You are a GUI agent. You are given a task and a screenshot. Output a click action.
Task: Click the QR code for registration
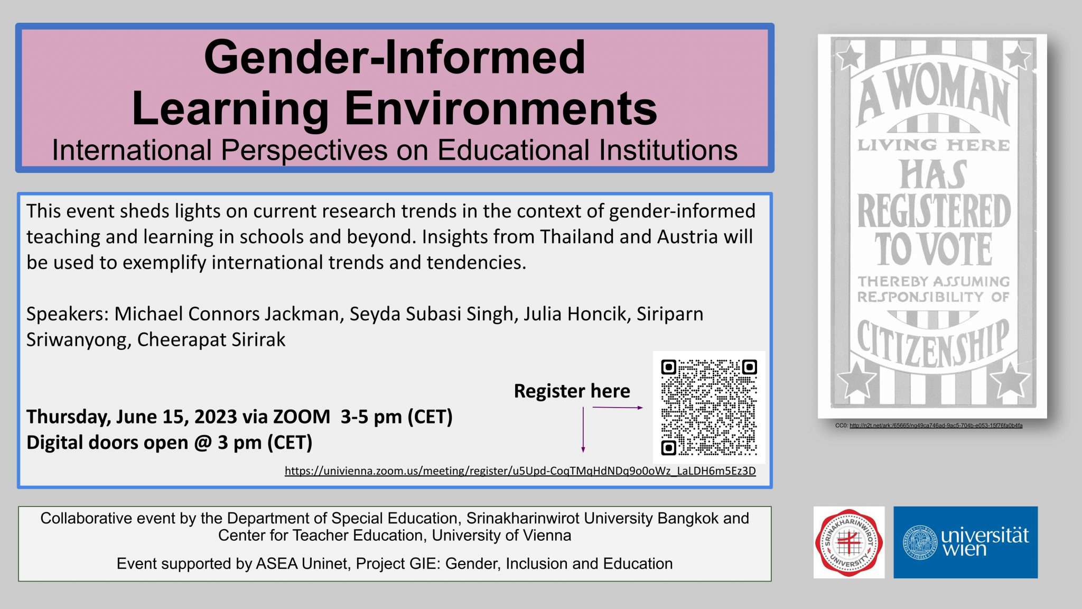pyautogui.click(x=708, y=407)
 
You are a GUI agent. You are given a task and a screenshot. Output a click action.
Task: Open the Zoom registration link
pyautogui.click(x=520, y=471)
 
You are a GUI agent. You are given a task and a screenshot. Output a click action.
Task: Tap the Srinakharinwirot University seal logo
pyautogui.click(x=848, y=542)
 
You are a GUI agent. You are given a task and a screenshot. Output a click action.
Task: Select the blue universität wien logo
pyautogui.click(x=965, y=542)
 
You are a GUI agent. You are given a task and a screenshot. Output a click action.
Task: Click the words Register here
pyautogui.click(x=572, y=391)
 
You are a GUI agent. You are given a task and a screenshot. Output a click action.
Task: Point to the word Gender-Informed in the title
pyautogui.click(x=395, y=57)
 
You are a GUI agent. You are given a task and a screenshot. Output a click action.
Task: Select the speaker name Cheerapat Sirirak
pyautogui.click(x=211, y=339)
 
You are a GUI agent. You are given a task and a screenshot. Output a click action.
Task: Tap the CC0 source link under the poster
pyautogui.click(x=936, y=426)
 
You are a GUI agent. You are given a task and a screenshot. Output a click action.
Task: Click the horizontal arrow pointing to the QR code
pyautogui.click(x=617, y=408)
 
